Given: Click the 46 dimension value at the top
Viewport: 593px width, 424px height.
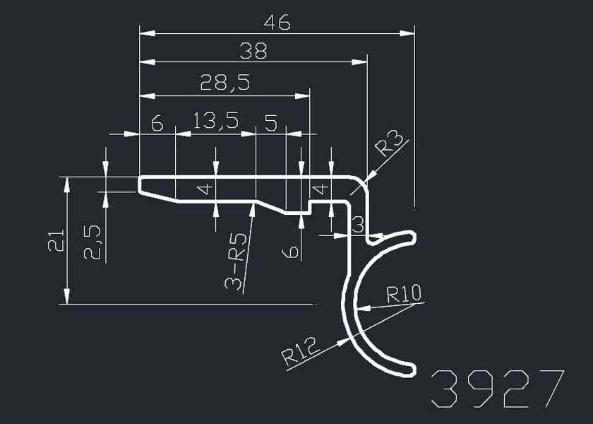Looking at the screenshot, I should coord(277,23).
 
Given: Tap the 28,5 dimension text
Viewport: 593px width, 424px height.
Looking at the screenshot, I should coord(225,83).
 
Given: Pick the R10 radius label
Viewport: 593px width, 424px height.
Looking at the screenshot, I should coord(404,293).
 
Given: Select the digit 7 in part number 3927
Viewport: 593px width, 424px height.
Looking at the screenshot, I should coord(549,389).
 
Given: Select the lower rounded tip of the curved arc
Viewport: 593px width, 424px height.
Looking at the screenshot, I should coord(411,369).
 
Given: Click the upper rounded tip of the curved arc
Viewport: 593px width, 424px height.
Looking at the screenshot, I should coord(412,236).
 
